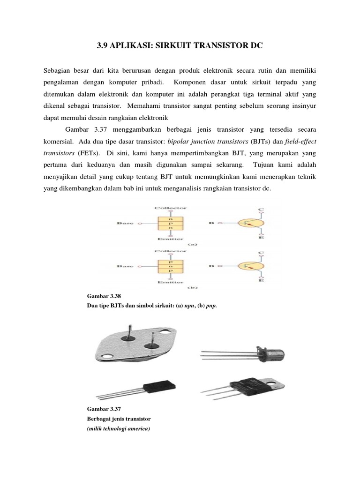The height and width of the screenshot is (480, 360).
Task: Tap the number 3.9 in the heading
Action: click(103, 46)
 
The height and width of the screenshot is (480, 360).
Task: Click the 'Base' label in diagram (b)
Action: click(124, 267)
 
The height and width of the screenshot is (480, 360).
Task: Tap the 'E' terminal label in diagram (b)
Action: click(261, 281)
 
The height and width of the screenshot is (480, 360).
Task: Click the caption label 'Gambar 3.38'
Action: click(104, 297)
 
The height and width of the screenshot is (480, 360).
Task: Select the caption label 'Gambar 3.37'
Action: click(104, 408)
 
